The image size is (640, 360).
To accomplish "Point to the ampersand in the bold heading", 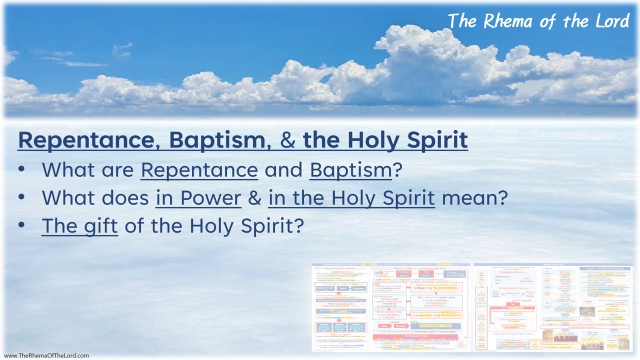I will (288, 140).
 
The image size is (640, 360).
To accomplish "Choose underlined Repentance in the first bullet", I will (199, 170).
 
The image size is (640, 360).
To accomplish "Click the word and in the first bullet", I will (283, 170).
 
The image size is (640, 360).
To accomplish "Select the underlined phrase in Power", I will (198, 198).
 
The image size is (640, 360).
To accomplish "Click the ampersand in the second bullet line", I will (255, 198).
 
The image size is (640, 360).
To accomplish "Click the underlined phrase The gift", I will (79, 226).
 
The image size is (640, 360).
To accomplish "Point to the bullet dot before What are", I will (21, 170).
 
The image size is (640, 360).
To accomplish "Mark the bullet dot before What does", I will (21, 198).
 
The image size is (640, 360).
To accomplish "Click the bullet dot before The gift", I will (21, 225).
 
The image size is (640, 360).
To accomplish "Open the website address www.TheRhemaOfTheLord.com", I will (46, 355).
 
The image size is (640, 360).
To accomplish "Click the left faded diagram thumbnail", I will (390, 306).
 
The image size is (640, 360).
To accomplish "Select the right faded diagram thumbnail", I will (553, 306).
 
